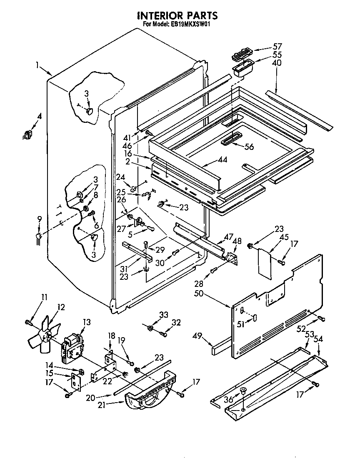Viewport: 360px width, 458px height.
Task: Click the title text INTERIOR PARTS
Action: tap(177, 15)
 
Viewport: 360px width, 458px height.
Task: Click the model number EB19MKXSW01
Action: tap(190, 24)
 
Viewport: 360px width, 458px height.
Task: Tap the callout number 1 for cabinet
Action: tap(37, 65)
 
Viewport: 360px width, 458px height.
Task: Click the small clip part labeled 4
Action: tap(28, 134)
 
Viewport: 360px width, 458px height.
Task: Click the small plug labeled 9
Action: tap(39, 237)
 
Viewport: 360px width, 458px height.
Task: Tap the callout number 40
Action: tap(277, 63)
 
